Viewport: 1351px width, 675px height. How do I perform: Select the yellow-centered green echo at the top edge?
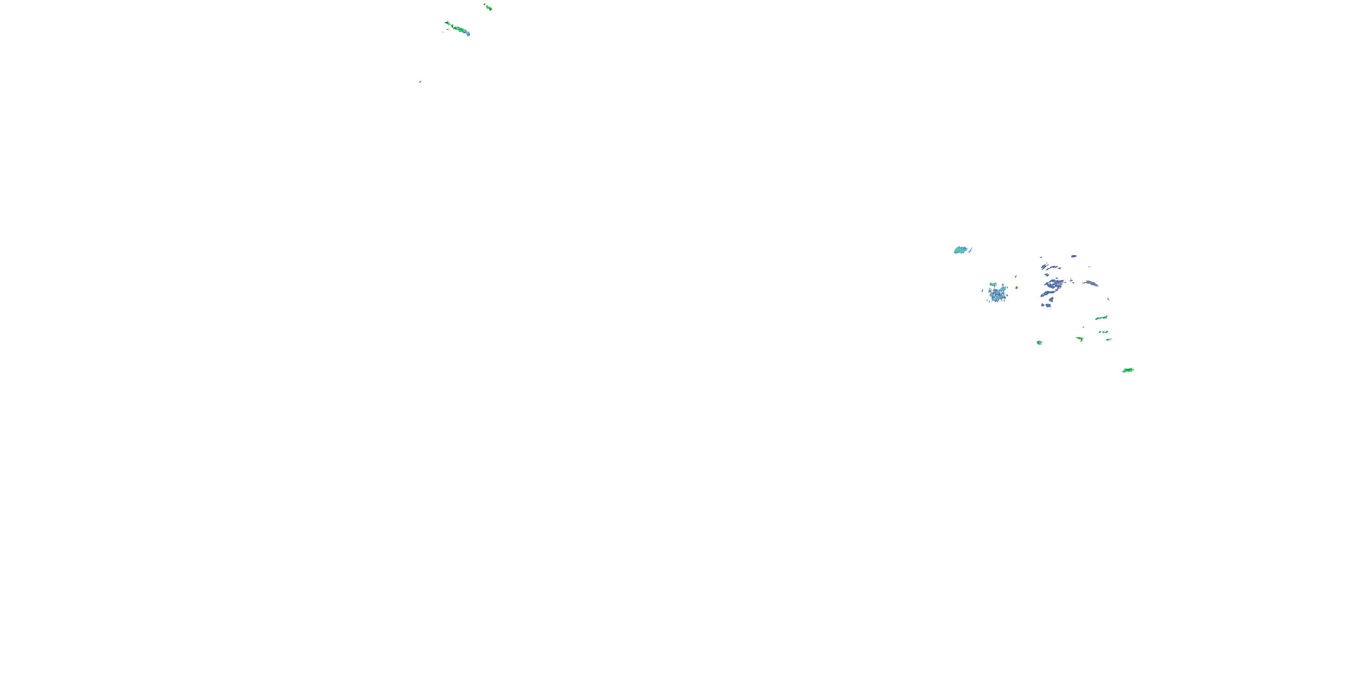pos(489,7)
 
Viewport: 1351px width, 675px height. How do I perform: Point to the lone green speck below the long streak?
pos(420,82)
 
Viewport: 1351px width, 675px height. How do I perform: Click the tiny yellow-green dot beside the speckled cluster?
pos(1017,288)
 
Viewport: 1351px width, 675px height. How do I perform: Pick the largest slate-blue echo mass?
pos(1054,284)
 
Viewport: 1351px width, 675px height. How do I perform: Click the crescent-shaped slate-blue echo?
pos(1092,283)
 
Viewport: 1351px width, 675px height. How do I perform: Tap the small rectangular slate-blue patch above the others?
pos(1074,256)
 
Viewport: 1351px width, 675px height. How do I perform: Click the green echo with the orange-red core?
pos(1080,339)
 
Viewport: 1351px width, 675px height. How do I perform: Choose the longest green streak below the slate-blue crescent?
pos(1102,318)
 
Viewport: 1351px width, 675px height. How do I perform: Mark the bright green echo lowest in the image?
pos(1128,370)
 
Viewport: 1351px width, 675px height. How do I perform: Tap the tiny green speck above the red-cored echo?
pos(1084,328)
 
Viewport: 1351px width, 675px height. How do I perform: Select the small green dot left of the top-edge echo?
pos(485,4)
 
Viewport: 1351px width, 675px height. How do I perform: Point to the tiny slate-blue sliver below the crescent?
pos(1108,299)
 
